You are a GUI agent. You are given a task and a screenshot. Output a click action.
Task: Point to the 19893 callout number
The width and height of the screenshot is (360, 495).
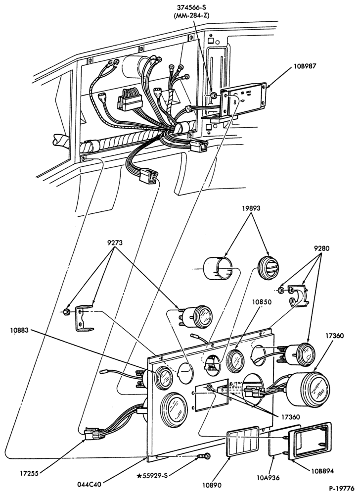pos(252,208)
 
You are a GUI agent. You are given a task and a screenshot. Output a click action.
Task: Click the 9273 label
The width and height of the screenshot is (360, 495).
pos(115,243)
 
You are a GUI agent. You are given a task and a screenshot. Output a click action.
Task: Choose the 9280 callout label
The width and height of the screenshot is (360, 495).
pos(321,248)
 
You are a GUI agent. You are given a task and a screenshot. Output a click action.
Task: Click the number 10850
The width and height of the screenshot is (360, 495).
pos(262,302)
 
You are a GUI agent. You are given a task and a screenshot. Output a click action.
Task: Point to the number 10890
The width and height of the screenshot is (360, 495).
pos(212,485)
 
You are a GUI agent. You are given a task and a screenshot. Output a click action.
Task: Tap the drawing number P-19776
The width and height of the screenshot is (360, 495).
pos(342,488)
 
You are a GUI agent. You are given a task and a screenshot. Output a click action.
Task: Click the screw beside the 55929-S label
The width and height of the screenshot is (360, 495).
pos(204,456)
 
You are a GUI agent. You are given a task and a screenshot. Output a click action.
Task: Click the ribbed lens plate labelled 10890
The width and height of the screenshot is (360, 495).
pos(243,442)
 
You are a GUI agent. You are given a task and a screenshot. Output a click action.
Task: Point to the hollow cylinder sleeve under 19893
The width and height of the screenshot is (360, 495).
pos(218,269)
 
